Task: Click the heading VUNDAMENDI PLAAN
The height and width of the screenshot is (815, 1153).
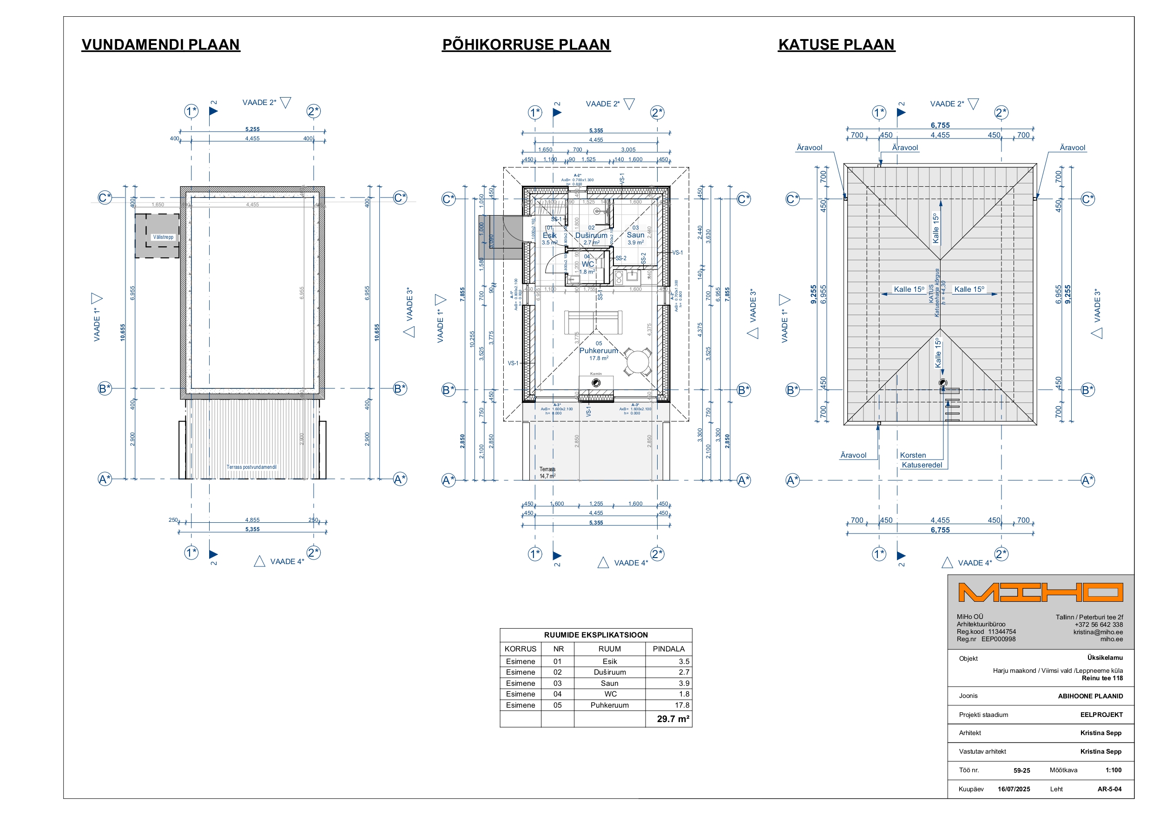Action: click(161, 45)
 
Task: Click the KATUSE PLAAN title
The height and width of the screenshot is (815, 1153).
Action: click(836, 45)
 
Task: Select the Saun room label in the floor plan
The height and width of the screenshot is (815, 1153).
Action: click(635, 235)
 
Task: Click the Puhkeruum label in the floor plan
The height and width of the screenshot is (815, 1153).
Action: click(598, 350)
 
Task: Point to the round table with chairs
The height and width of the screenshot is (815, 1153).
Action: click(638, 361)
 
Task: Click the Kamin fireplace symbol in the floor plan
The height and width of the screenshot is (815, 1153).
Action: click(596, 383)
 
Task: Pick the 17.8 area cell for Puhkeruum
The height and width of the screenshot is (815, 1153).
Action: click(682, 705)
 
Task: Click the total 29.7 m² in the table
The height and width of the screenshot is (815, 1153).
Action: click(672, 719)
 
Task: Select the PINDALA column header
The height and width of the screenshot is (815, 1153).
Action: click(668, 649)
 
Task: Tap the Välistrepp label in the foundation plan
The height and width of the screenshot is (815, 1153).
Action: click(163, 237)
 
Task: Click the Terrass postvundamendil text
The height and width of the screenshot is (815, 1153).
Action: click(251, 467)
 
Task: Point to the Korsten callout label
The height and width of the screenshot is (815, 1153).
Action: click(912, 455)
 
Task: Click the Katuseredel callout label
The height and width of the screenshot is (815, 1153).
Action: click(922, 465)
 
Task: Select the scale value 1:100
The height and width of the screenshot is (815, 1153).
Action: click(1113, 770)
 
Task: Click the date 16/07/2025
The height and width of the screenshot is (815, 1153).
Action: click(1014, 789)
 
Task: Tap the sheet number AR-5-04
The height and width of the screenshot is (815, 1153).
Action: click(1109, 789)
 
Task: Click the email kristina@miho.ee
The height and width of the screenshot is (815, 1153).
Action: click(1098, 632)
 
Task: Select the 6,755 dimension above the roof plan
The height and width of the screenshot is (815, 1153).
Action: click(940, 125)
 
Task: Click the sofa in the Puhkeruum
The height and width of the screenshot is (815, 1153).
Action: click(593, 322)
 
